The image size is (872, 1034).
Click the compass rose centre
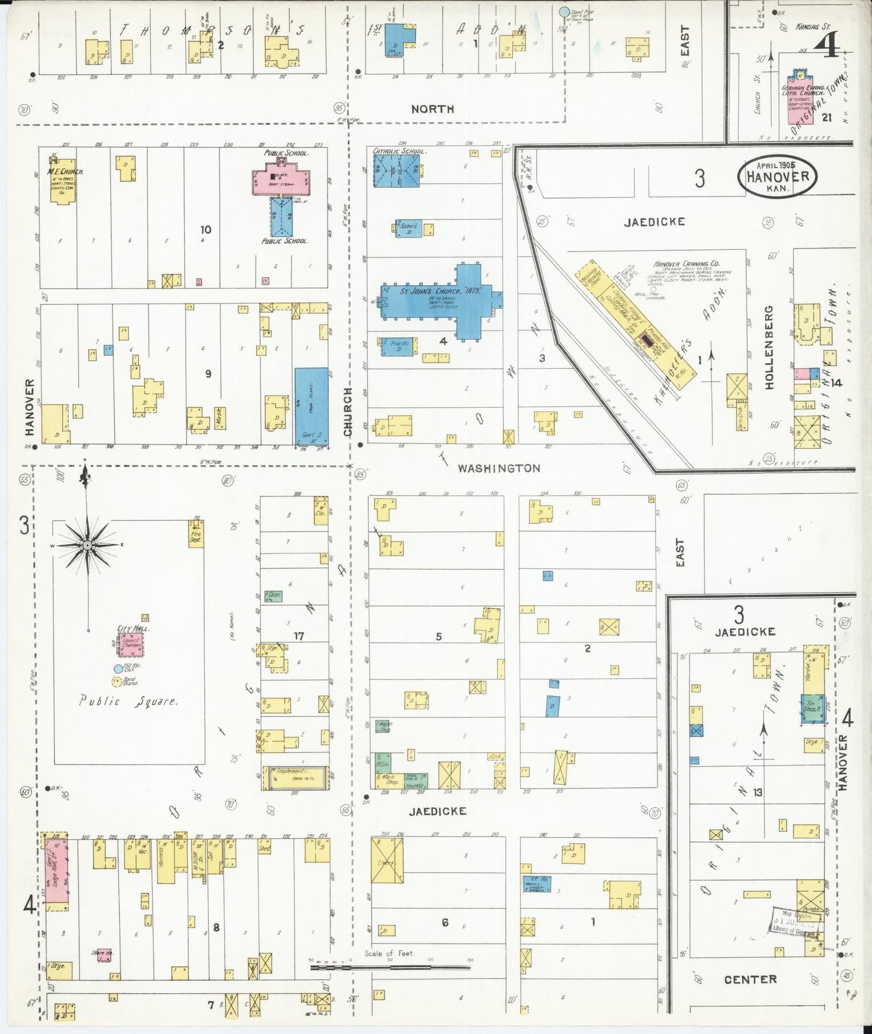click(88, 545)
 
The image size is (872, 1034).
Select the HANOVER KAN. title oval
click(777, 177)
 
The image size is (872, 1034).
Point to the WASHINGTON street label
click(498, 468)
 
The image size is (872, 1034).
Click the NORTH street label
click(432, 109)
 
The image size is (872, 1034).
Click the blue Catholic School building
click(396, 170)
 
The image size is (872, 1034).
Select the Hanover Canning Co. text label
click(686, 264)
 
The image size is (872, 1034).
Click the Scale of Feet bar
click(390, 967)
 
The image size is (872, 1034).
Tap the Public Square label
click(128, 702)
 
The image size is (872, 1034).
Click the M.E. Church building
click(63, 182)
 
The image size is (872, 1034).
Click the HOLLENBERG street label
click(769, 348)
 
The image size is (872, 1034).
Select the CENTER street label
click(750, 979)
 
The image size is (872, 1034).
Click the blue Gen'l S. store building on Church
click(311, 406)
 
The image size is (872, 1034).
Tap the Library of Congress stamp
click(795, 922)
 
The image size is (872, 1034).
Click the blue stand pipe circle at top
click(564, 11)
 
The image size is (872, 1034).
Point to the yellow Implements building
click(296, 778)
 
